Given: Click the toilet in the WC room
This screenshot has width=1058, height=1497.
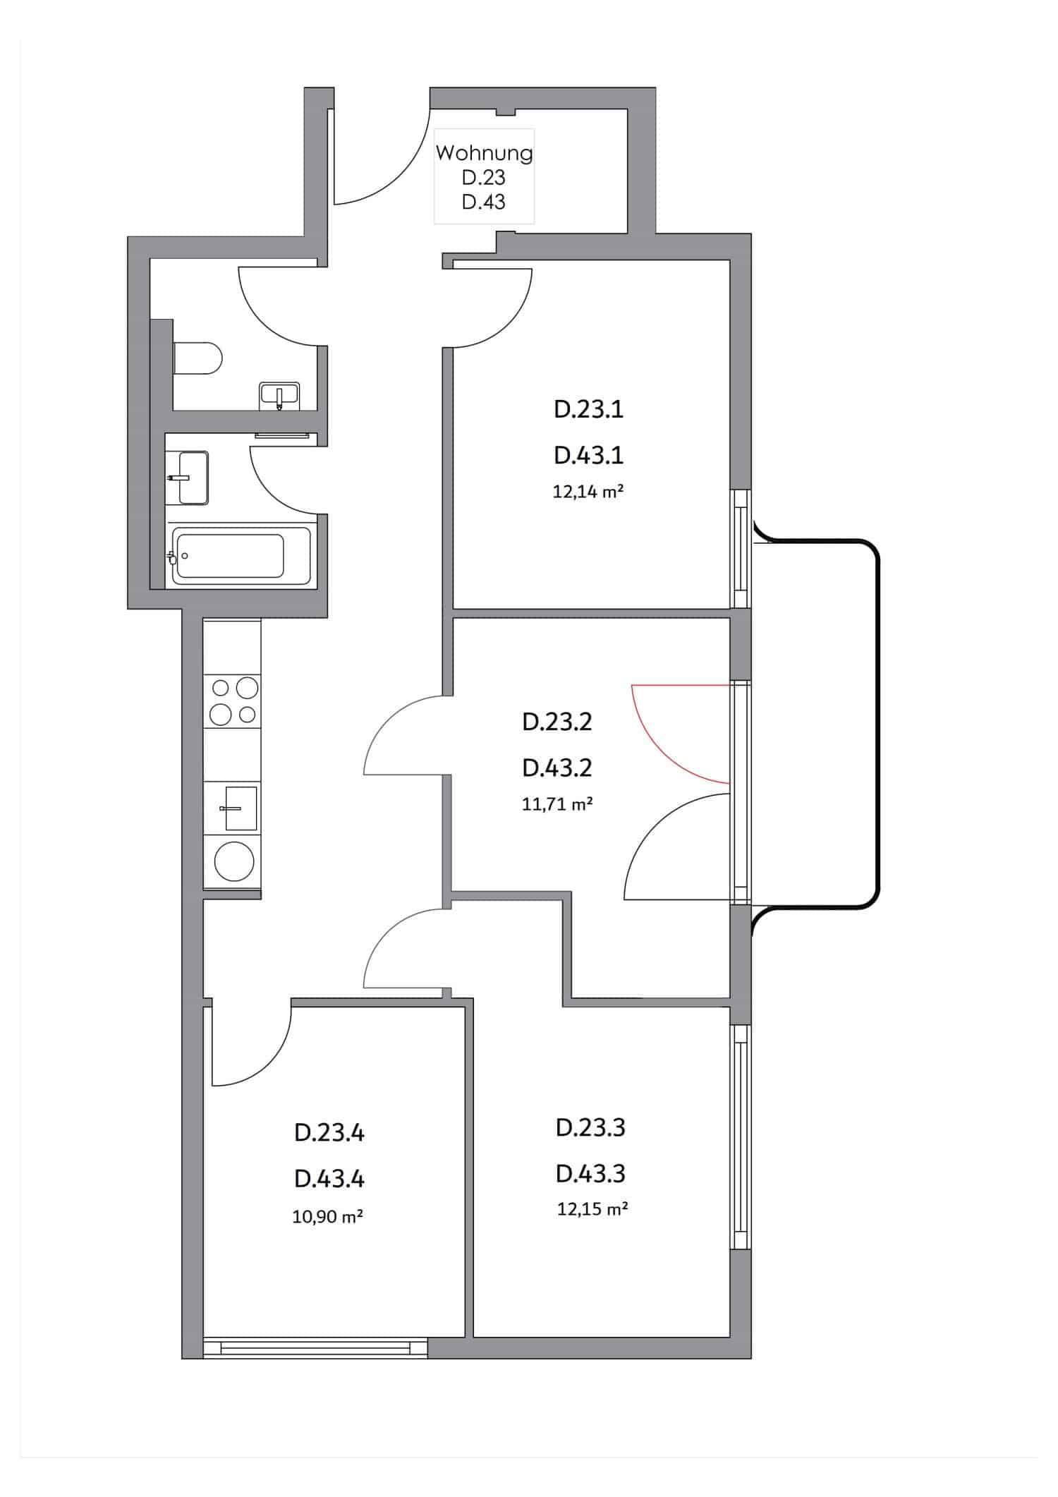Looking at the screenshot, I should [198, 358].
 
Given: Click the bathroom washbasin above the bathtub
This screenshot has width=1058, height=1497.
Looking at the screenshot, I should [191, 478].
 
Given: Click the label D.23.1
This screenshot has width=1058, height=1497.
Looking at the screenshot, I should [589, 410].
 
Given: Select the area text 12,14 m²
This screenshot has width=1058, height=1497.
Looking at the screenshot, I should [588, 492].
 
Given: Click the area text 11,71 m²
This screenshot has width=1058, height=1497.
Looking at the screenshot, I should [557, 804].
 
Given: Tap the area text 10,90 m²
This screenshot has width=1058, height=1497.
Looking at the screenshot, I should [328, 1216].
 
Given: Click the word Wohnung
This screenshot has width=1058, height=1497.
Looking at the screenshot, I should [484, 152].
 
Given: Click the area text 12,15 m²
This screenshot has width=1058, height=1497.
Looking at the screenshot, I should [592, 1209].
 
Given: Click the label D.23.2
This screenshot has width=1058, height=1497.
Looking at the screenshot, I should [557, 722].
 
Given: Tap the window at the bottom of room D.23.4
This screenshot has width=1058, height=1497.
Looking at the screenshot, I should [315, 1348].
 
